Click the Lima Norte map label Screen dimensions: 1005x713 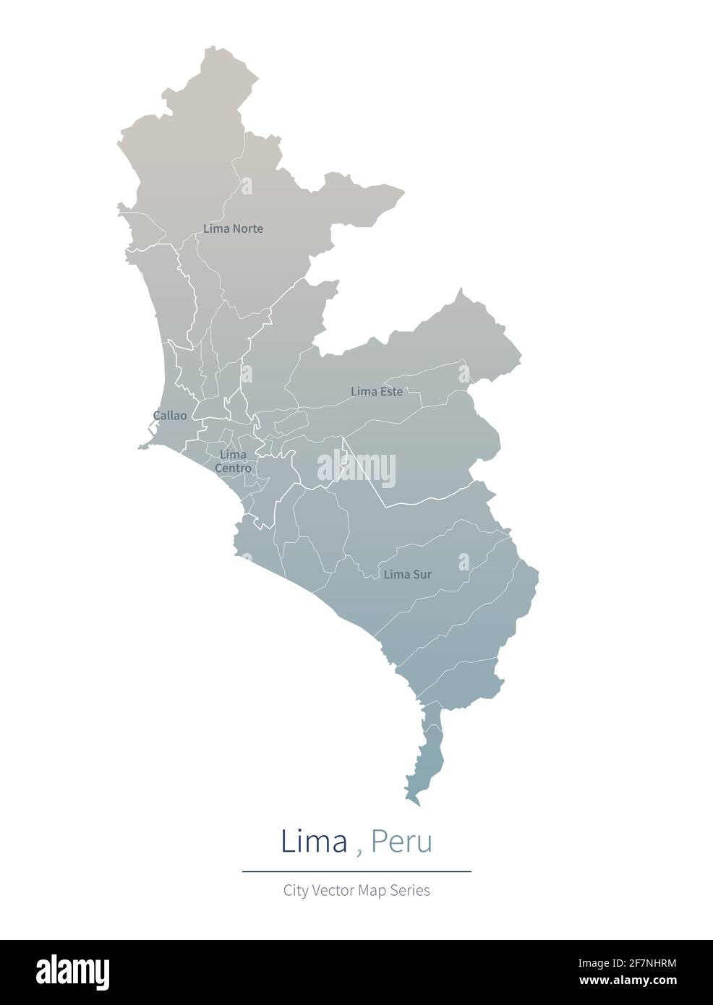233,228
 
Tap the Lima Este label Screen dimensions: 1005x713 376,391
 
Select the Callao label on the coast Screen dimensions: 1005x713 170,416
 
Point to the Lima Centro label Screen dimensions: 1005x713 233,461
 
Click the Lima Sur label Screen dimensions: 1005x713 407,575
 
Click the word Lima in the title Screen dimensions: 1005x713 314,842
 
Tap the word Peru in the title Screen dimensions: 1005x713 401,842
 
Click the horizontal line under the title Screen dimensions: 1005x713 356,872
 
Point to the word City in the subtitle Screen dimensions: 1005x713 296,891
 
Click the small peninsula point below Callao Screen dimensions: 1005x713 142,448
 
